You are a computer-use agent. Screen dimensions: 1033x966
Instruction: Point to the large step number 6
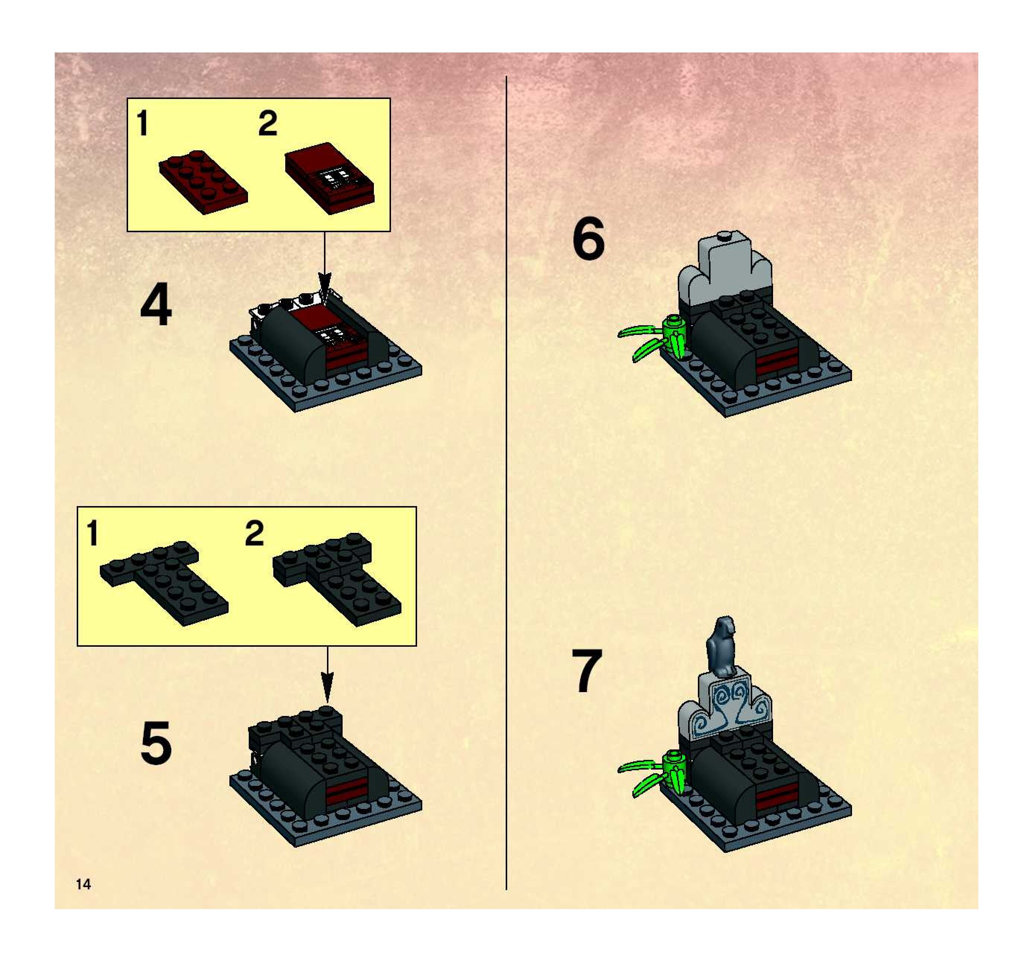(x=588, y=239)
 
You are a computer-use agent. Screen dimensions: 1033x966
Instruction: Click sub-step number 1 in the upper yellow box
(x=142, y=124)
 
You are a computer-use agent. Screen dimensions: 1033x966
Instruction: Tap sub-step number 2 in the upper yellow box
(x=268, y=124)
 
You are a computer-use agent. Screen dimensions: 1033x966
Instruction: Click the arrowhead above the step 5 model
(x=327, y=688)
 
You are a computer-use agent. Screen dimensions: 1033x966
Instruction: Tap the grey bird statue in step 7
(x=721, y=647)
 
